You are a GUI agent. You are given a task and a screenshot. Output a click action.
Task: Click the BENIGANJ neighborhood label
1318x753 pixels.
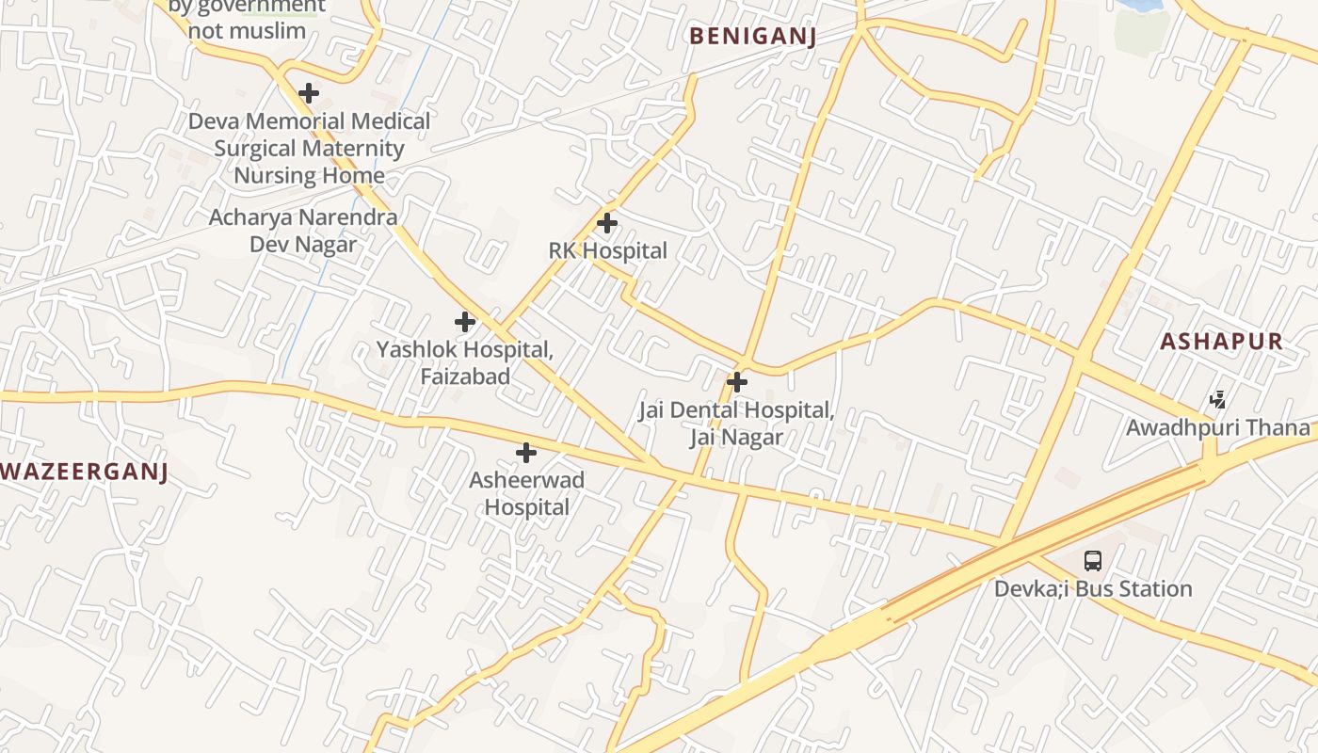752,37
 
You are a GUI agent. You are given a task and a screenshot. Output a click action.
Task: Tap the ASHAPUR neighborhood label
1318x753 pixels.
1221,342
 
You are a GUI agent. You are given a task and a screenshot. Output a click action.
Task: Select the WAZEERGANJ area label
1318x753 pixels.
84,472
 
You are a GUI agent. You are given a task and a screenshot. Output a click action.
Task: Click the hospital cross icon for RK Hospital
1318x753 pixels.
607,224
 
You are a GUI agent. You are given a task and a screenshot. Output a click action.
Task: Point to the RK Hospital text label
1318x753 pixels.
607,251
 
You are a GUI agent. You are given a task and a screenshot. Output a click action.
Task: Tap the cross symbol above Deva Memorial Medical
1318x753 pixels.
308,93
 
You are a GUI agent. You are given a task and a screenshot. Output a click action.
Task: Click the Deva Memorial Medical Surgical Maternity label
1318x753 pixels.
309,148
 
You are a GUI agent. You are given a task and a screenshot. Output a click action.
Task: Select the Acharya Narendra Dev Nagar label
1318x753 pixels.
303,231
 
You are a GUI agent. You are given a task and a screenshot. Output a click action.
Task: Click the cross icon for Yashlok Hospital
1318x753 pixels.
464,322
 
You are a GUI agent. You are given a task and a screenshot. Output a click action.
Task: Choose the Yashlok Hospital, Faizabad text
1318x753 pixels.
464,362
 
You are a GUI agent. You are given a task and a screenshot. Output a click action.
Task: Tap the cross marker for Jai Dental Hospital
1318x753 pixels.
737,382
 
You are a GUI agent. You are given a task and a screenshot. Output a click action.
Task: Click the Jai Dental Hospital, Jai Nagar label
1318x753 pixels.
736,424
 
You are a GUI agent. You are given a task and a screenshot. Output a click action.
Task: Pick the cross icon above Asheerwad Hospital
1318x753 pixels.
526,454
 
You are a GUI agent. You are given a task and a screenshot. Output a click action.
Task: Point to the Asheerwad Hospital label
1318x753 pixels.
526,493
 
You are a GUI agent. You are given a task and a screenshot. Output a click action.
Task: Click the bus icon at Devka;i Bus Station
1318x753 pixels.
1092,561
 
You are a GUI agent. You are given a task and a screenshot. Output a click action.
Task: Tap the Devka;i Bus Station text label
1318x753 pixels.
1093,589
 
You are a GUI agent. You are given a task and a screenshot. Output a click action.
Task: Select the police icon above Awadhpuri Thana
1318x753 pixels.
1218,400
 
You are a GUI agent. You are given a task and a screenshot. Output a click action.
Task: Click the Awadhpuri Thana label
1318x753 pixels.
1217,427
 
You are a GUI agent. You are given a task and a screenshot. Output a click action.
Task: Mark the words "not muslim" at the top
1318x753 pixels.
247,30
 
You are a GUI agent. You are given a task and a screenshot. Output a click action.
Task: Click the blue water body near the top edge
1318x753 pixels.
1139,5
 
